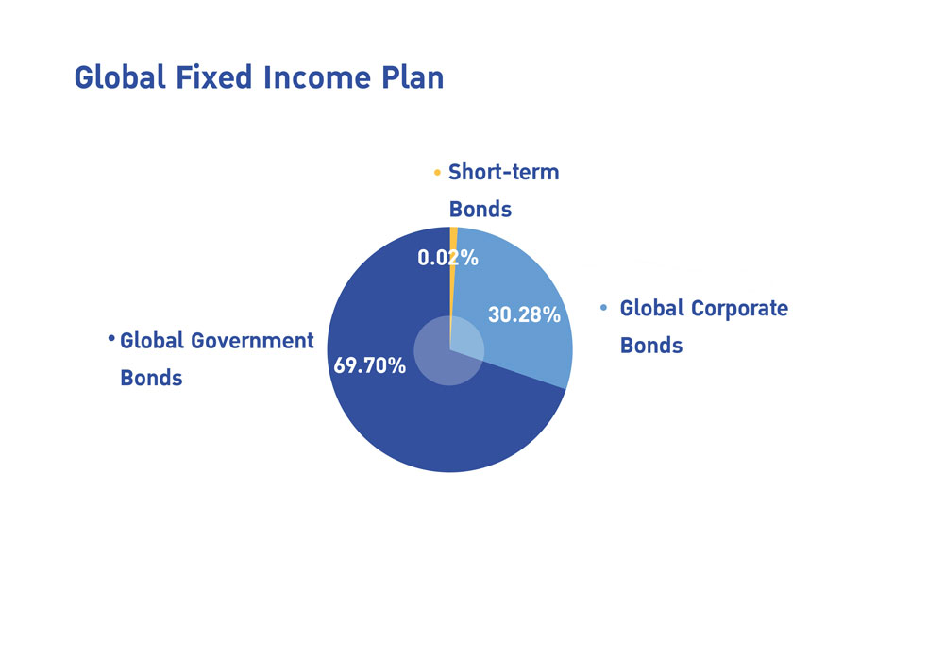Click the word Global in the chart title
[x=120, y=77]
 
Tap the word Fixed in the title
[x=213, y=77]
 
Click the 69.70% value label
[x=370, y=365]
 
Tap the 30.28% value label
[x=524, y=314]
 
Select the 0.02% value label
[x=447, y=258]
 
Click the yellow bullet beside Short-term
[x=437, y=173]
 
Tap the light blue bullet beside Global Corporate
[x=604, y=308]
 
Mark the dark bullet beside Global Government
[x=111, y=338]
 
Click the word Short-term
[x=504, y=172]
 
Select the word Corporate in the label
[x=739, y=308]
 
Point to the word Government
[x=252, y=341]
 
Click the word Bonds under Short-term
[x=480, y=210]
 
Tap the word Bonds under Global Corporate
[x=651, y=346]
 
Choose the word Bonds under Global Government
[x=151, y=378]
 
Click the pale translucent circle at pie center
[x=449, y=350]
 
